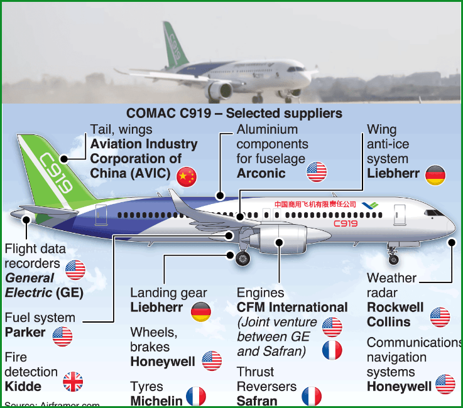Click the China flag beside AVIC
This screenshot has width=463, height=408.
click(x=187, y=177)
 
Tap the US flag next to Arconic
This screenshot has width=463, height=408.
click(x=317, y=172)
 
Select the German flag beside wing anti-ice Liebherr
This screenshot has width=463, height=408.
click(x=435, y=175)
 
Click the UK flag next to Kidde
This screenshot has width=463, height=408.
click(x=73, y=382)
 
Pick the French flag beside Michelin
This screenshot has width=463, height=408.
click(x=196, y=397)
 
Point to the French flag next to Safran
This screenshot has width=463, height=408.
click(x=312, y=397)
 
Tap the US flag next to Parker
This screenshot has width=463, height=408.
click(x=62, y=336)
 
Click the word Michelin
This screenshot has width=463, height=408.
click(x=156, y=400)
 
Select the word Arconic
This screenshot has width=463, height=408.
click(x=261, y=173)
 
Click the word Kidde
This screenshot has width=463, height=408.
click(x=23, y=386)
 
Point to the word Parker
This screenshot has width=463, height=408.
click(x=26, y=332)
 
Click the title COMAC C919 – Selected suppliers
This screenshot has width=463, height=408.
click(x=234, y=114)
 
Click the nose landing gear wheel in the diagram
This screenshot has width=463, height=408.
click(x=393, y=259)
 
